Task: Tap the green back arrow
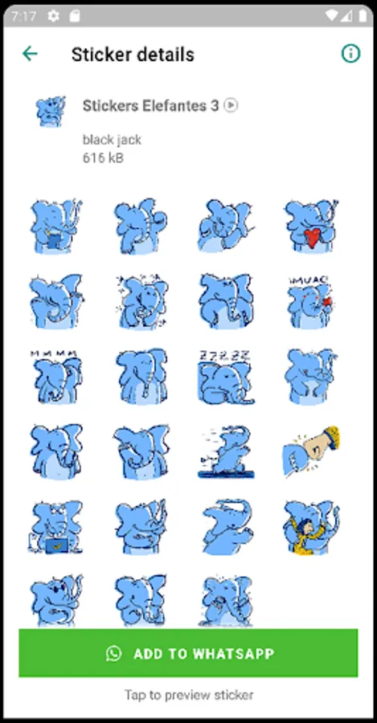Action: click(x=30, y=54)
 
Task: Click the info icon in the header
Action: click(x=350, y=54)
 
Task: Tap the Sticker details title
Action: click(x=133, y=55)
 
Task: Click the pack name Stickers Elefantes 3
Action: click(x=150, y=105)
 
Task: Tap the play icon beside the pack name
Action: click(x=231, y=105)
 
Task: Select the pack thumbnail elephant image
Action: click(x=51, y=111)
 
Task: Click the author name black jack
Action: click(x=112, y=140)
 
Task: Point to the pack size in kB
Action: click(x=103, y=158)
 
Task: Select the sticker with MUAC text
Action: click(x=309, y=302)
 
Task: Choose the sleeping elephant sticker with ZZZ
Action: click(x=225, y=377)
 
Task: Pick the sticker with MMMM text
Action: click(x=55, y=377)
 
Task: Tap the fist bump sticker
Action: click(x=311, y=451)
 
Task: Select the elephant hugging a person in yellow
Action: click(x=311, y=526)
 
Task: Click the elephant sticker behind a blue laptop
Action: click(x=55, y=526)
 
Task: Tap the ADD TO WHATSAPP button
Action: click(x=188, y=653)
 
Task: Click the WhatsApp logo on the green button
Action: click(x=113, y=653)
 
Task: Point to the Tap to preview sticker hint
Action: click(x=189, y=694)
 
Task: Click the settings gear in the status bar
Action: click(x=54, y=17)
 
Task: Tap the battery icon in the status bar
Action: click(x=363, y=17)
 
